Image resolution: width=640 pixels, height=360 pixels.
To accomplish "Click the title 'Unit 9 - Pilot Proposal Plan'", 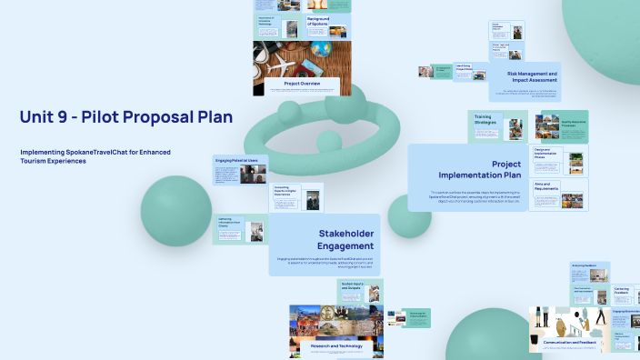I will tap(125, 117).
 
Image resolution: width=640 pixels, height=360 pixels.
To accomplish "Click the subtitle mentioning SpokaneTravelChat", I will tap(95, 156).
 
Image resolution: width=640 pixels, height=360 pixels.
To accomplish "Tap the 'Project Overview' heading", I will tap(296, 83).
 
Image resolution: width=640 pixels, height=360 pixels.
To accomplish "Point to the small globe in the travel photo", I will tap(320, 47).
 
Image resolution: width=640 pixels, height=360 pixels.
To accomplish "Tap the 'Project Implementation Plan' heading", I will tap(493, 170).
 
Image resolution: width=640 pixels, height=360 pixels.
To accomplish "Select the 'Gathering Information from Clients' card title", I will tap(229, 221).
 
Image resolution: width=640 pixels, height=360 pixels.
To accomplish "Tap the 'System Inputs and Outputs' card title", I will tap(331, 287).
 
